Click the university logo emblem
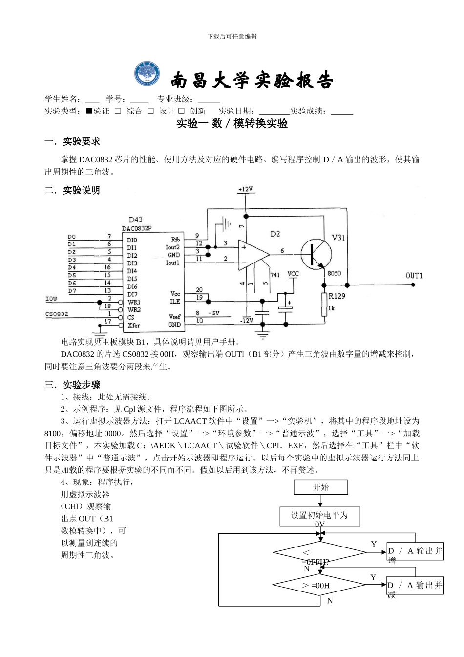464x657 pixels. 148,75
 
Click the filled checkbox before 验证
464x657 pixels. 89,111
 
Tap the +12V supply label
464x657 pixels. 245,189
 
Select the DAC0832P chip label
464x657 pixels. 137,228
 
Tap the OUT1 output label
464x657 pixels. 414,276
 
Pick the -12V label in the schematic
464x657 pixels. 247,320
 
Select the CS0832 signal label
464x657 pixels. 57,314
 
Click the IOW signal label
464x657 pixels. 51,298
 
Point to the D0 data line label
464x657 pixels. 72,237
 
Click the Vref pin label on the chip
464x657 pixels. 174,316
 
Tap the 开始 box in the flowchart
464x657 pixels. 321,487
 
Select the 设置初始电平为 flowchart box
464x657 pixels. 320,516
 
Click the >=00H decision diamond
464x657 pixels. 320,585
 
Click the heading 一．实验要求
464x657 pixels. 72,141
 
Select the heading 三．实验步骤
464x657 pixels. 72,385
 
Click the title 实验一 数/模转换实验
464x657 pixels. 232,124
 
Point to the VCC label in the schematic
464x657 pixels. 293,274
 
